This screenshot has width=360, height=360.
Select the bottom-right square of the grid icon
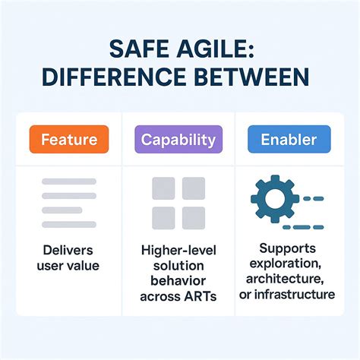pos(194,218)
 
